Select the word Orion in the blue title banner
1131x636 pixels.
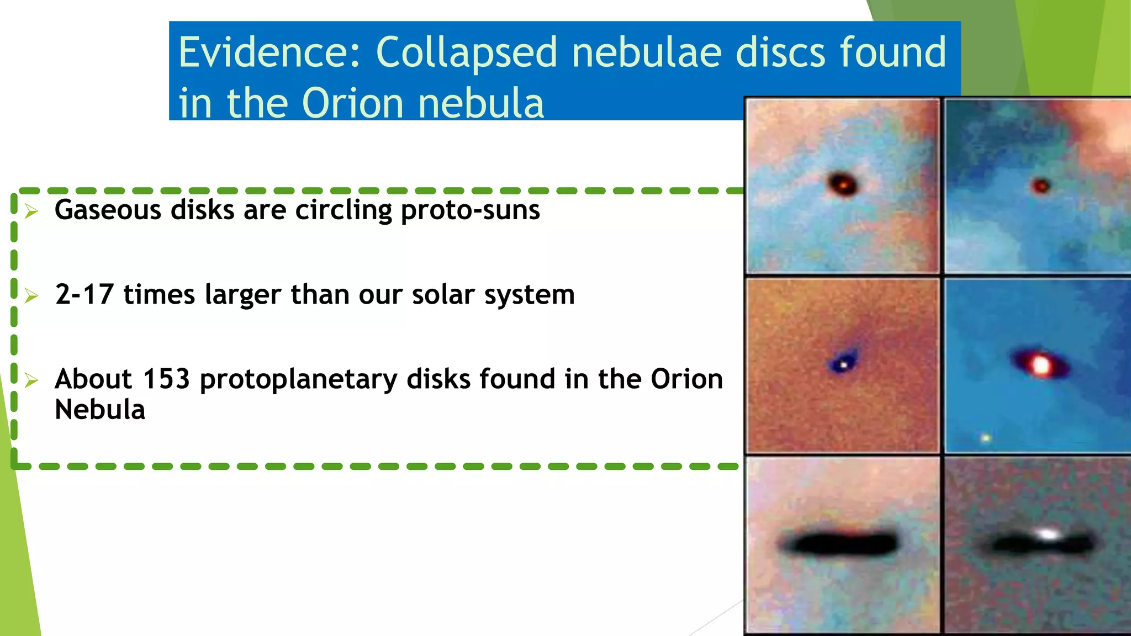click(353, 103)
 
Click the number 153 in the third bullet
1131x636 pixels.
click(166, 379)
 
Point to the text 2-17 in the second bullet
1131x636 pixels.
click(84, 294)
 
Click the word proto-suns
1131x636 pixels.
click(470, 210)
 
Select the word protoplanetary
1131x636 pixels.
click(298, 379)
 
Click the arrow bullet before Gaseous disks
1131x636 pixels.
click(31, 211)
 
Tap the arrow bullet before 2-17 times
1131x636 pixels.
click(31, 296)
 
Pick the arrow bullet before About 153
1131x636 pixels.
click(31, 380)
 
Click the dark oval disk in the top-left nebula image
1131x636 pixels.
click(843, 183)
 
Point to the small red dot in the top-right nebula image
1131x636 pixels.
click(1041, 185)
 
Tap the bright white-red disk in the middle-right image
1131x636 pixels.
click(1040, 364)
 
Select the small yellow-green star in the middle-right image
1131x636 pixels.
click(986, 438)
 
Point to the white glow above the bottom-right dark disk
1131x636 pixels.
click(1048, 534)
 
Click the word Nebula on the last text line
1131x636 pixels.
click(100, 410)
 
